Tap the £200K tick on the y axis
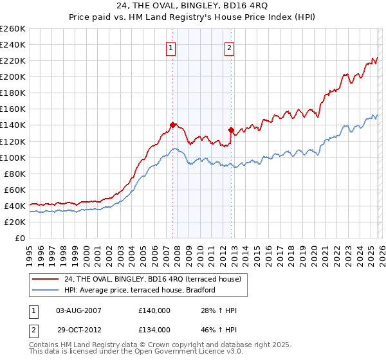pyautogui.click(x=13, y=76)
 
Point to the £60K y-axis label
pyautogui.click(x=15, y=190)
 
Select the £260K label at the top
pyautogui.click(x=13, y=29)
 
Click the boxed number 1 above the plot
pyautogui.click(x=171, y=47)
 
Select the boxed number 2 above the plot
pyautogui.click(x=230, y=47)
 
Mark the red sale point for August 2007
pyautogui.click(x=172, y=125)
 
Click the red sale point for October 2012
pyautogui.click(x=231, y=130)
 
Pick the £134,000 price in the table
pyautogui.click(x=154, y=329)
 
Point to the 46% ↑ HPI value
pyautogui.click(x=219, y=329)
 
